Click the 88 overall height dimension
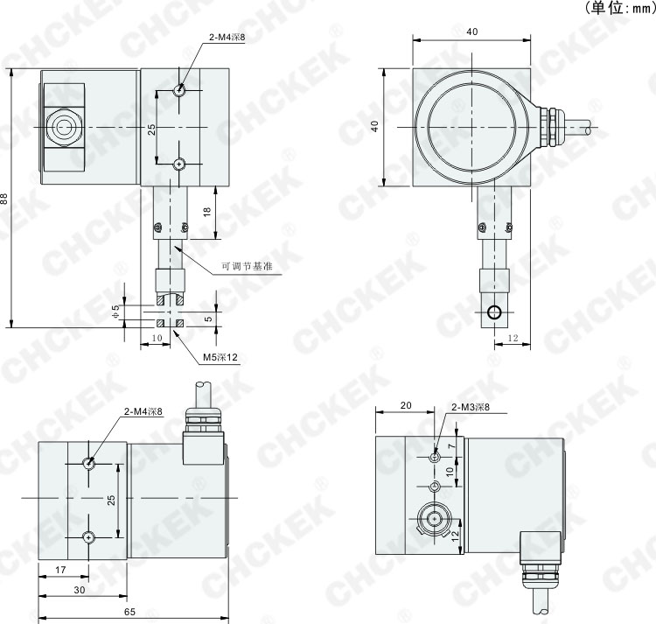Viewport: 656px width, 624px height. pos(3,198)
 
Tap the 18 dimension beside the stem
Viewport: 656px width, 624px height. pos(207,212)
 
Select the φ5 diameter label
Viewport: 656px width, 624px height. pos(116,312)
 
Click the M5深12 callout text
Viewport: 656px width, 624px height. pos(220,357)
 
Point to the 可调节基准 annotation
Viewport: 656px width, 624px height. pos(247,266)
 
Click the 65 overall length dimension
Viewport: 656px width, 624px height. pos(129,612)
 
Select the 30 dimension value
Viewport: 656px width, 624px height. pos(79,590)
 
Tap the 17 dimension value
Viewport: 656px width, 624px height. pos(60,570)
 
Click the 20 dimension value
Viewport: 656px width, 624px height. pos(406,405)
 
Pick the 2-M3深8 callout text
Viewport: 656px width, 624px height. pos(471,407)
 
